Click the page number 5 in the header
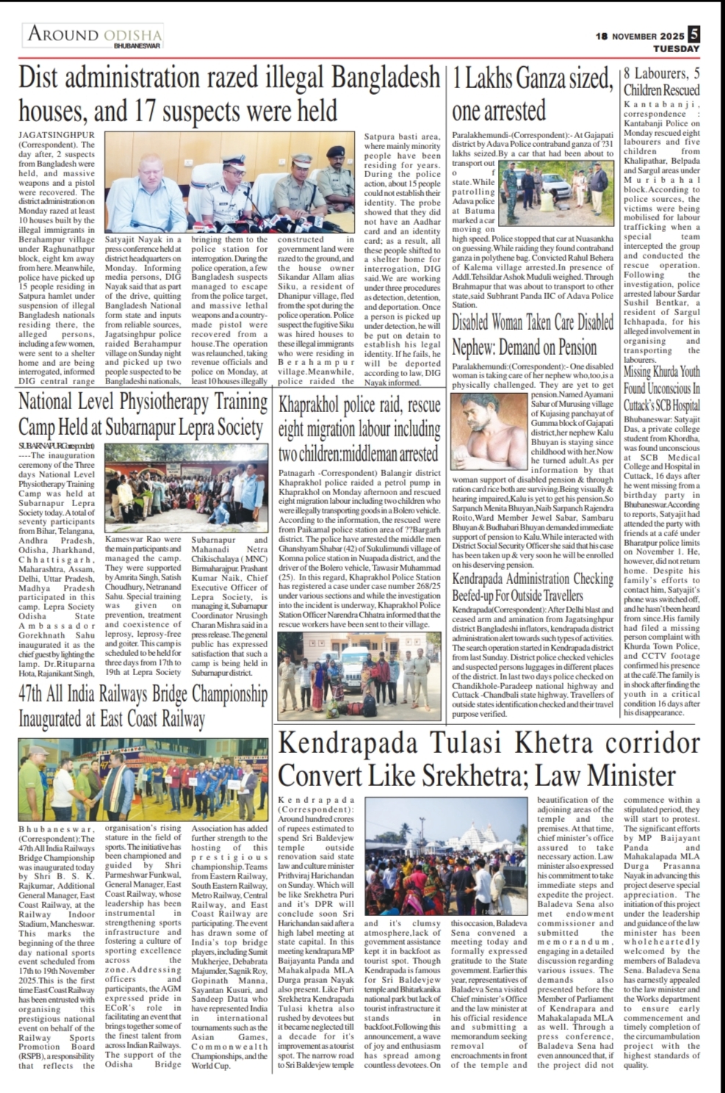(x=694, y=34)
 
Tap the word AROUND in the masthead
(x=63, y=34)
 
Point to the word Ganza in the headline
(x=537, y=78)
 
